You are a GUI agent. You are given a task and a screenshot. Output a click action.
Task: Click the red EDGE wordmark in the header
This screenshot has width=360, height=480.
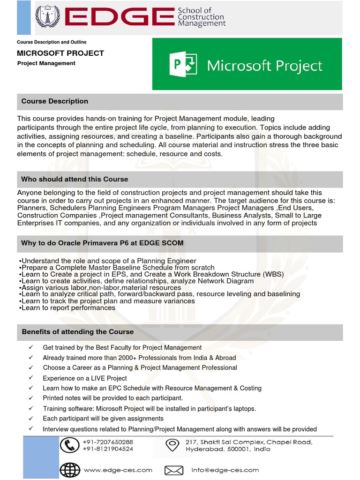tap(119, 17)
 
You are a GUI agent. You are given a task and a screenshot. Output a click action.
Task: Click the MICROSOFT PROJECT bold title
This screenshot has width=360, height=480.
tap(60, 53)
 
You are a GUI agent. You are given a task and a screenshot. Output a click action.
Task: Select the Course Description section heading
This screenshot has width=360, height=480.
tap(55, 101)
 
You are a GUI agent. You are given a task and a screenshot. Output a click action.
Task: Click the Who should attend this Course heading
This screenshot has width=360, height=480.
tap(75, 179)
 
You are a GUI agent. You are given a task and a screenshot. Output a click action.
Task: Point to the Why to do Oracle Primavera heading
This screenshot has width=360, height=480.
tap(102, 243)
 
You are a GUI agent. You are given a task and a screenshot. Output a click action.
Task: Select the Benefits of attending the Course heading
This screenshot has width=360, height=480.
tap(78, 332)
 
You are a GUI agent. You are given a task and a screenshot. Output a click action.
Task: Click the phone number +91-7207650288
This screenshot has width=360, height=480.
tap(108, 442)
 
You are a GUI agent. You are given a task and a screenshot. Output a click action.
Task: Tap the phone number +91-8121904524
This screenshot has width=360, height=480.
tap(108, 449)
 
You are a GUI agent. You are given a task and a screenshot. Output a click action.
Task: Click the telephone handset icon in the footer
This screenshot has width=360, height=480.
tap(70, 445)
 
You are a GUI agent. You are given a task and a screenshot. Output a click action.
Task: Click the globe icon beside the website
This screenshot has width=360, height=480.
tap(70, 469)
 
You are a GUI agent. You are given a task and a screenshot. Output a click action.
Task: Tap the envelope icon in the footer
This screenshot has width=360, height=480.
tap(174, 470)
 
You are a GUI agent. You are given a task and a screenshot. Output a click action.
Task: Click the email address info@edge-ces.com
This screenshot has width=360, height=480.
tap(225, 470)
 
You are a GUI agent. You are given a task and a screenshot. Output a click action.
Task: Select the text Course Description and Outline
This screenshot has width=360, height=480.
tap(52, 42)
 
